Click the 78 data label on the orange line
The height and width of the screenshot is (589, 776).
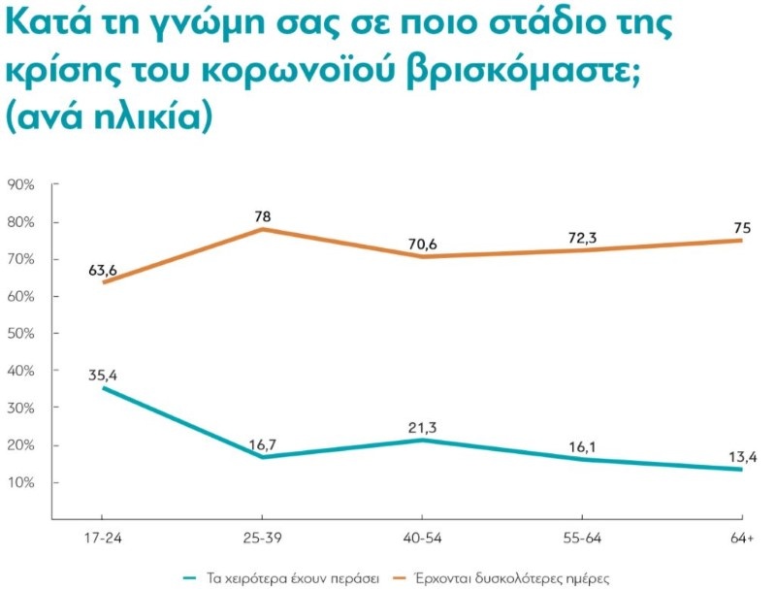click(x=262, y=215)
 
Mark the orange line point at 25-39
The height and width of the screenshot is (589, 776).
click(x=263, y=229)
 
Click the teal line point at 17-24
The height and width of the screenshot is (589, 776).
click(x=104, y=388)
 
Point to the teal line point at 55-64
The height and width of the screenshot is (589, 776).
click(x=582, y=460)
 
